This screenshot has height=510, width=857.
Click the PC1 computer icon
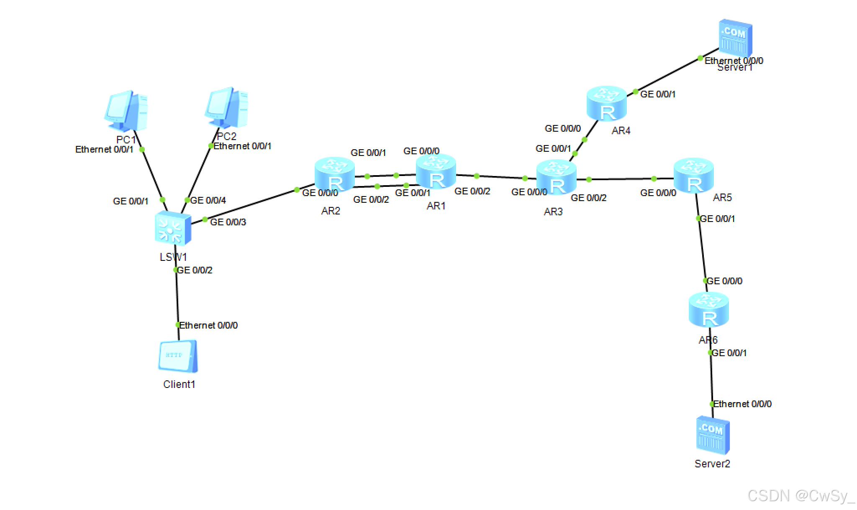pyautogui.click(x=126, y=111)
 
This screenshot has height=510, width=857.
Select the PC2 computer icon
pyautogui.click(x=226, y=108)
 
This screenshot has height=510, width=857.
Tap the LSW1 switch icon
pyautogui.click(x=173, y=228)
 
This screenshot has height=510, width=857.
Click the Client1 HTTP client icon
pyautogui.click(x=178, y=356)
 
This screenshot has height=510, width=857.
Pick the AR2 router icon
pyautogui.click(x=334, y=174)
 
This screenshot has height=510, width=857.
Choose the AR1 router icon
pyautogui.click(x=436, y=171)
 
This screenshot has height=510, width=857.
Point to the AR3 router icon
pyautogui.click(x=556, y=177)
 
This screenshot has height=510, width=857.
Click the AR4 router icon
pyautogui.click(x=606, y=103)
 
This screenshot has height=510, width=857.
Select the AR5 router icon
pyautogui.click(x=693, y=176)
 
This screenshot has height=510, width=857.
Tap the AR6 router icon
pyautogui.click(x=708, y=310)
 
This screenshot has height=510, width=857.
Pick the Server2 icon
pyautogui.click(x=713, y=435)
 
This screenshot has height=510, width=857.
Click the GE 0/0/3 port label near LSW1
pyautogui.click(x=228, y=222)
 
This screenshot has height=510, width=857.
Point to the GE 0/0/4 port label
pyautogui.click(x=208, y=200)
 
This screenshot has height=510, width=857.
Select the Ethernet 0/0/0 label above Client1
pyautogui.click(x=208, y=325)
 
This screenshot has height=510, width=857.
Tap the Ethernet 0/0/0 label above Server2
pyautogui.click(x=742, y=404)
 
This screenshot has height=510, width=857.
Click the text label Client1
pyautogui.click(x=179, y=384)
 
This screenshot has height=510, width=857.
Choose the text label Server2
pyautogui.click(x=712, y=464)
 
